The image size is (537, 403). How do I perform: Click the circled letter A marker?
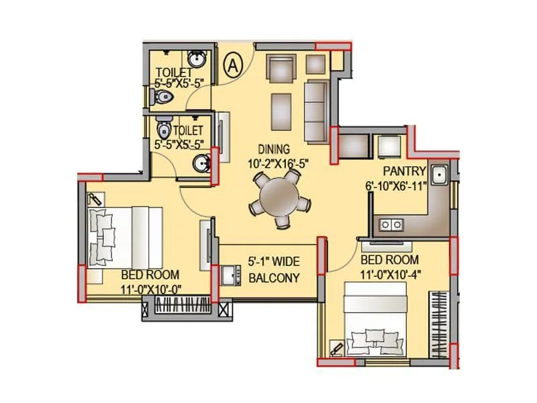click(233, 65)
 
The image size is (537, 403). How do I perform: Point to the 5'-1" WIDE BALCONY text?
click(273, 269)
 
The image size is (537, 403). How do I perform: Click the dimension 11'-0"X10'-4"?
click(390, 273)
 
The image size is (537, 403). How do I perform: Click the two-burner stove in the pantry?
click(390, 224)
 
